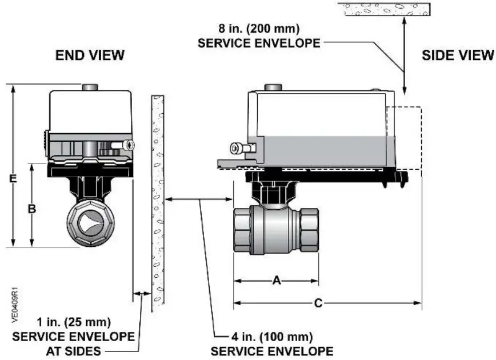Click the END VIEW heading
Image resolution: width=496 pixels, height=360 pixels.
[90, 55]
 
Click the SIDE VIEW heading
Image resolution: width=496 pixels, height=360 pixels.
[458, 55]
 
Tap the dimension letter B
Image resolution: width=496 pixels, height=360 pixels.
[32, 209]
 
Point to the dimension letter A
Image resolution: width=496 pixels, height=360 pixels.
[277, 281]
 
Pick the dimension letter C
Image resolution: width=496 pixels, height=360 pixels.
[318, 303]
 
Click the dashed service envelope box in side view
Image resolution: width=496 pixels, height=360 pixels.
[405, 138]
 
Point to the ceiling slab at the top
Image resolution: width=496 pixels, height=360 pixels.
[383, 9]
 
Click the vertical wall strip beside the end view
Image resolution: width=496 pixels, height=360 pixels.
[157, 203]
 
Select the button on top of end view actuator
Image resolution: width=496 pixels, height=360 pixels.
[90, 87]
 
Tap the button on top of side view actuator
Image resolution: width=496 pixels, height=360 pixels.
[273, 88]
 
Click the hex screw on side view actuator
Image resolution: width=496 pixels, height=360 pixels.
[237, 149]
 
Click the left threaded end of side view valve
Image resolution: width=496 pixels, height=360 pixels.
[242, 231]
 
